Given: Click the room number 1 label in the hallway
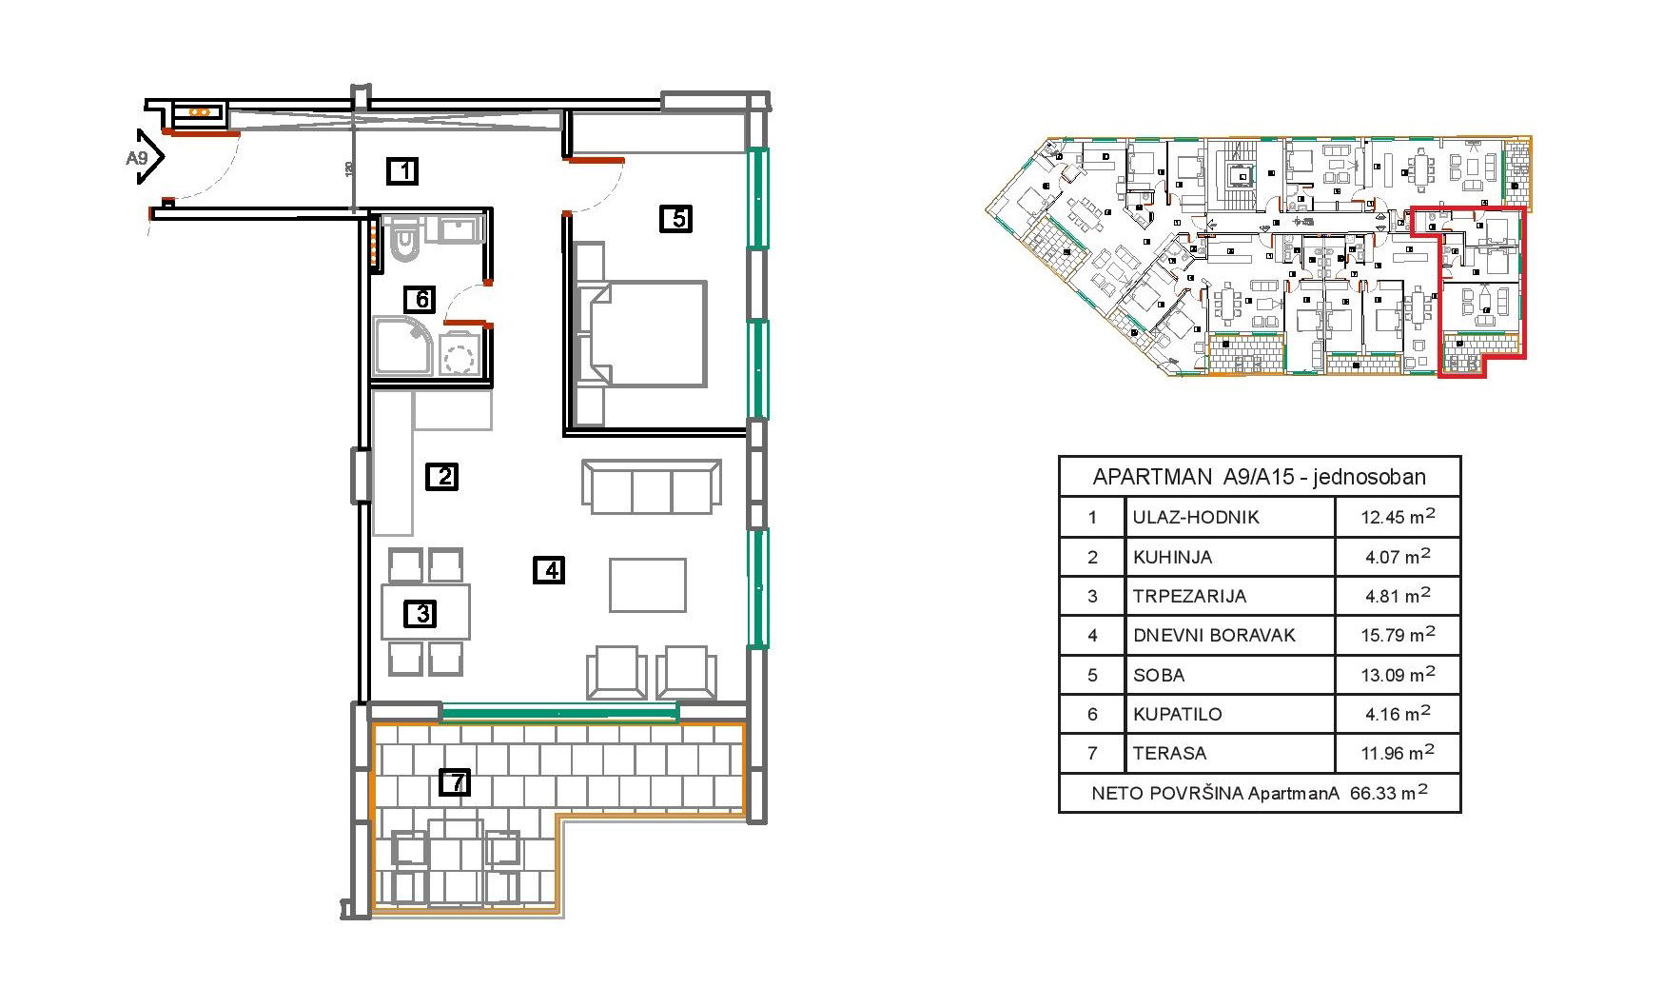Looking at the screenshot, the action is tap(403, 171).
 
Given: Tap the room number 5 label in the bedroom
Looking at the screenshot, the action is tap(676, 219).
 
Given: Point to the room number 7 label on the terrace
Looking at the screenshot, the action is tap(456, 783).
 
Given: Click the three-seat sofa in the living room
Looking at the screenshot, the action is tap(652, 487).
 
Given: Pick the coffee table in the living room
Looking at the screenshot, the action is tap(648, 585).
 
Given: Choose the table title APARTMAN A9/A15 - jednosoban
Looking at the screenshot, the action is tap(1260, 477).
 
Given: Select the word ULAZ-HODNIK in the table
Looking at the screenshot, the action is tap(1196, 518).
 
